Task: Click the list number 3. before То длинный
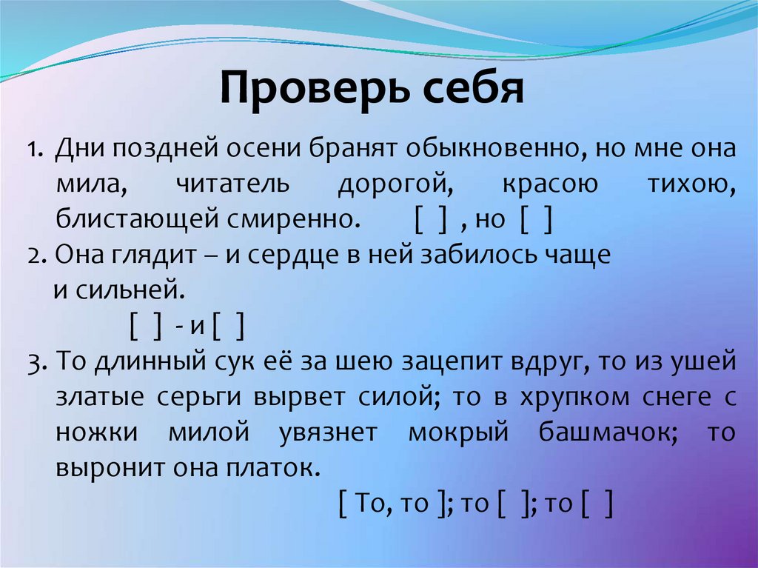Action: click(39, 363)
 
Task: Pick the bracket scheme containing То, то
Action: click(395, 504)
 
